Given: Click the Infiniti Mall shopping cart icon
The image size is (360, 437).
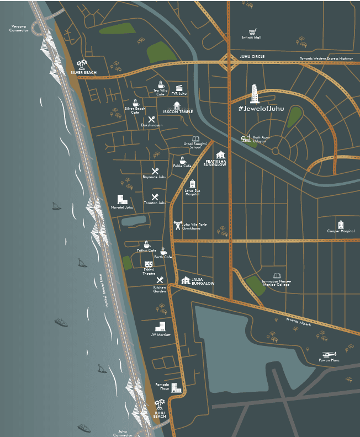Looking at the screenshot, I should pos(252,31).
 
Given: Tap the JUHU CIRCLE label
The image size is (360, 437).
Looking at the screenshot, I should pos(252,56).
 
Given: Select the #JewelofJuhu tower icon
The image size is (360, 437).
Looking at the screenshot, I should pos(255,94).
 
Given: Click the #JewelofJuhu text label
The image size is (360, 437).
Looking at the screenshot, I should pos(261,108).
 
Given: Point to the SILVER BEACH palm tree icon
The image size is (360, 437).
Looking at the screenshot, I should pos(83,65).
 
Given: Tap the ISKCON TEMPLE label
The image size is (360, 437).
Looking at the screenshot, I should pos(178,112).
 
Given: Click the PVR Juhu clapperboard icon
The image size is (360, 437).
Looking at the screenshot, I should pos(179,88).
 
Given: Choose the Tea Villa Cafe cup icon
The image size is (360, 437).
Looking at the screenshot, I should pos(161,85).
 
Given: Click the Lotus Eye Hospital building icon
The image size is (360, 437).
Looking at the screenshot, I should pos(192,183).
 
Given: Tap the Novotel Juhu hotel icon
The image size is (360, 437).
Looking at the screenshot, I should pos(122,199).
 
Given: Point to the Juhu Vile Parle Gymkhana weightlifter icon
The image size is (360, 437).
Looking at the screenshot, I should pos(178,225).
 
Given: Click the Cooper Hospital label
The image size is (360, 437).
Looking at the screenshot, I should pos(341,231).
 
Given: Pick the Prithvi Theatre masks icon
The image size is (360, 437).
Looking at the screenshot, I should pos(149,264).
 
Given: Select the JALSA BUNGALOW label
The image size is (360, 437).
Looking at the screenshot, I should pos(203,281).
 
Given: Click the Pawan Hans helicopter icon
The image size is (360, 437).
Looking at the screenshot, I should pos(329,354).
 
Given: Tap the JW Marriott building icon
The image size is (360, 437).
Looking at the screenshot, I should pos(161,326).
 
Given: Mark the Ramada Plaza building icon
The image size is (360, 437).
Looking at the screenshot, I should pos(176,387).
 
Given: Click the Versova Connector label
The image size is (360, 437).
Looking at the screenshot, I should pos(19,28).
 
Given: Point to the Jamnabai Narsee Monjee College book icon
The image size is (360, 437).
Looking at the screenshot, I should pos(277,275).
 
